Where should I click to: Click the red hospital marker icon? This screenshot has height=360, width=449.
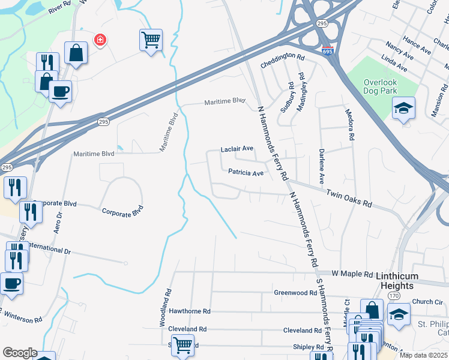coord(100,40)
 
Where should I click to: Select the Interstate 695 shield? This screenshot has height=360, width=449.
coord(327,52)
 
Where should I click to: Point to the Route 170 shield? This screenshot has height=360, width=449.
coord(394,296)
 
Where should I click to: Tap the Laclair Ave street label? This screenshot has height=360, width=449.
coord(237,149)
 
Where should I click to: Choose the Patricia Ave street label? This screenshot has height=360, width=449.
coord(246,173)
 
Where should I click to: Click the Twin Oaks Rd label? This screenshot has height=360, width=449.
coord(349,199)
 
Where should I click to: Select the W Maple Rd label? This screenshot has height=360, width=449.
coord(357,273)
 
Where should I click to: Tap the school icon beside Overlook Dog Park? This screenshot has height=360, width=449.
coord(404,108)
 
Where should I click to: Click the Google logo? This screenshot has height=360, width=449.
coord(19,353)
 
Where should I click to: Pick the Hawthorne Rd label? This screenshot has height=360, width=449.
coord(190,311)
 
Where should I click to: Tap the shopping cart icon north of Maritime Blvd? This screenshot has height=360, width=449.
coord(151,40)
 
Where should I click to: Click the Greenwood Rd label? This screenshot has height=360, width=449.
coord(295,293)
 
